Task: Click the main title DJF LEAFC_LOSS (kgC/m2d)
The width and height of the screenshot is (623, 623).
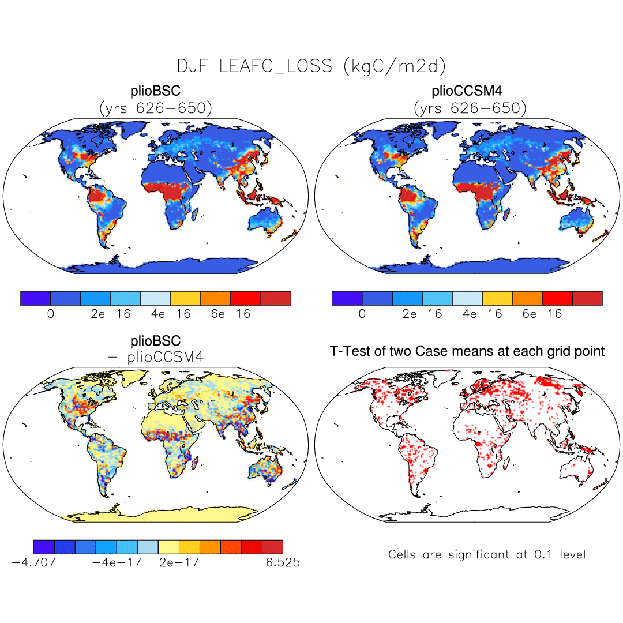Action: click(311, 66)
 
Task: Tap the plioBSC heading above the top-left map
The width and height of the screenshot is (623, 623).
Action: click(156, 92)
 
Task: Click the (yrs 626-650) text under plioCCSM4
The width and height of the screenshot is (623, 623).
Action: click(470, 108)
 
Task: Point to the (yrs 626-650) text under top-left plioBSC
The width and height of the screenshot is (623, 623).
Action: click(156, 108)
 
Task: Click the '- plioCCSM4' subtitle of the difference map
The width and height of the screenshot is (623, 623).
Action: click(156, 357)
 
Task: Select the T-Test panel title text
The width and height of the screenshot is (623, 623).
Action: click(467, 351)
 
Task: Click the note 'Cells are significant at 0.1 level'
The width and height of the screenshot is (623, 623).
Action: click(487, 555)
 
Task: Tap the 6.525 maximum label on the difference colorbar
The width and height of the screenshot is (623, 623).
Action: click(283, 562)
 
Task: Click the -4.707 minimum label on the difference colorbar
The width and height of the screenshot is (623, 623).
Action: click(33, 562)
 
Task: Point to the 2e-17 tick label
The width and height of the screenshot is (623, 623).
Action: click(179, 562)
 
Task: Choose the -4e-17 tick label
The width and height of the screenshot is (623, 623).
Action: click(117, 562)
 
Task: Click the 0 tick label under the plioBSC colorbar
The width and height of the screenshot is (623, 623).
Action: click(51, 314)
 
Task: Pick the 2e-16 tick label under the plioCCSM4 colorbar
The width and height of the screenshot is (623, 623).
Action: click(422, 314)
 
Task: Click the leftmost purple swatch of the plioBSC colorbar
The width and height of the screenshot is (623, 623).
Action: click(36, 298)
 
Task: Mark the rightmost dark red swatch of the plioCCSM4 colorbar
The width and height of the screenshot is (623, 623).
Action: click(587, 298)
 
